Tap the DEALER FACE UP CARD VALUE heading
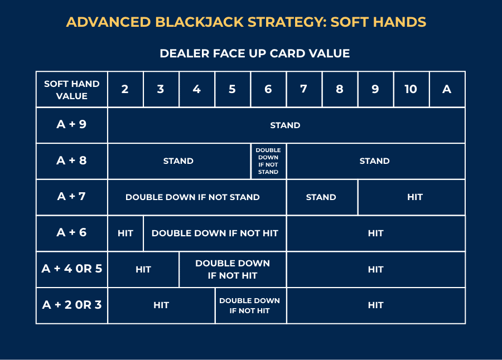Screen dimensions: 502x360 click(254, 53)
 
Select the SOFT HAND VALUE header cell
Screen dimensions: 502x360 click(72, 90)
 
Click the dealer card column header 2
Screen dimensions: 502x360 click(125, 89)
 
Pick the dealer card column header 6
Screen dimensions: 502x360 click(268, 89)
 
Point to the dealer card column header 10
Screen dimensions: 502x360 click(411, 89)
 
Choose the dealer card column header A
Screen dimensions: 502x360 click(447, 89)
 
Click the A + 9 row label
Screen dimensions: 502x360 click(72, 124)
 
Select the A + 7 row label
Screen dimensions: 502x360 click(72, 197)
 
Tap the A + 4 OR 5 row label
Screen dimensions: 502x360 click(72, 269)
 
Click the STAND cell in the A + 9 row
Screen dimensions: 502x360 click(285, 125)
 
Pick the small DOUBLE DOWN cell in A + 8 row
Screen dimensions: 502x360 click(268, 161)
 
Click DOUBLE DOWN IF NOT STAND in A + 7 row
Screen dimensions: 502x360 click(193, 197)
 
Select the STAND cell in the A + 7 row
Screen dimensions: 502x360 click(321, 197)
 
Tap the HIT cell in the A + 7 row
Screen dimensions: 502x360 click(415, 197)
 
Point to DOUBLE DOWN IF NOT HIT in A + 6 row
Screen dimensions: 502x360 click(215, 233)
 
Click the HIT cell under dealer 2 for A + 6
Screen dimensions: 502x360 click(125, 233)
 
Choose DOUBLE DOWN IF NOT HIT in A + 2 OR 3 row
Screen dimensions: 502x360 click(250, 305)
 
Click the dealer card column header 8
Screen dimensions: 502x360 click(340, 89)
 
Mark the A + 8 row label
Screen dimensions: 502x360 click(72, 160)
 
